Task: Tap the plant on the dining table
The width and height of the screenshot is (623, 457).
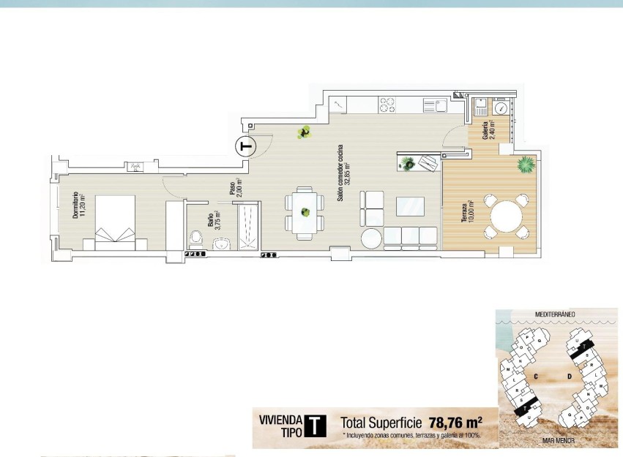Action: [303, 213]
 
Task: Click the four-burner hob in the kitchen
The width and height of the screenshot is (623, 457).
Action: [387, 106]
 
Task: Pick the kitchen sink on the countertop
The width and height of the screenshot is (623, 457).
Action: [435, 106]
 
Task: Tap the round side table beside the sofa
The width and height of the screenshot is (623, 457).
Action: [371, 238]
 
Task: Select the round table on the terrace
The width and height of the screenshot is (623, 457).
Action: [505, 216]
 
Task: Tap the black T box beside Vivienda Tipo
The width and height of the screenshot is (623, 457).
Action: [315, 426]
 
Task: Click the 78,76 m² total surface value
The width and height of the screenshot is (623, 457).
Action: [455, 422]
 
